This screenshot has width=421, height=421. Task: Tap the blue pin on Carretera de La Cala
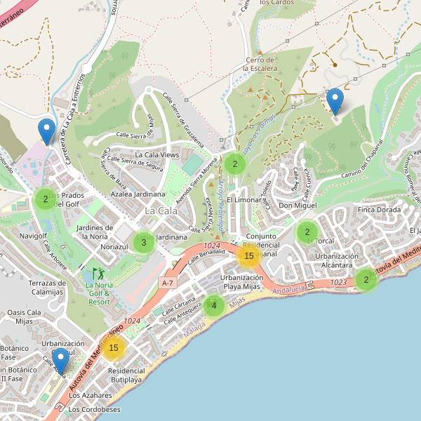click(x=46, y=131)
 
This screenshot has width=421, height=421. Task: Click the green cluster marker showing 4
click(x=214, y=305)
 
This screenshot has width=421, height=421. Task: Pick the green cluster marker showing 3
click(x=143, y=243)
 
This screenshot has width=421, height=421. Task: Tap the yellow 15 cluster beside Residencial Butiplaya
click(x=114, y=347)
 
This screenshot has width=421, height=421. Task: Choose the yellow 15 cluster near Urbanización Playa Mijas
click(x=248, y=256)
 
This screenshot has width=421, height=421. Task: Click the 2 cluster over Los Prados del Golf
click(x=46, y=199)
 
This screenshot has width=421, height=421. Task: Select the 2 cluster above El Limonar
click(x=234, y=165)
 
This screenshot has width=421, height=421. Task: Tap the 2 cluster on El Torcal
click(x=307, y=232)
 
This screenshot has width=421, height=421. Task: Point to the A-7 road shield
click(x=167, y=282)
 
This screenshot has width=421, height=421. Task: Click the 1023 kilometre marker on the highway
click(x=338, y=282)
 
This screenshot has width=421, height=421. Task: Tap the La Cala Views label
click(x=157, y=154)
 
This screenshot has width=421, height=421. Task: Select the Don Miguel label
click(x=298, y=206)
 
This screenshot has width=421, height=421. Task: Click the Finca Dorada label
click(x=379, y=210)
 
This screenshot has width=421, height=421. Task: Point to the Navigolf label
click(x=33, y=236)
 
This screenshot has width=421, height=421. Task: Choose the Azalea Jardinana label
click(x=138, y=194)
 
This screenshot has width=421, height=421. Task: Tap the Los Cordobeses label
click(x=95, y=409)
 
